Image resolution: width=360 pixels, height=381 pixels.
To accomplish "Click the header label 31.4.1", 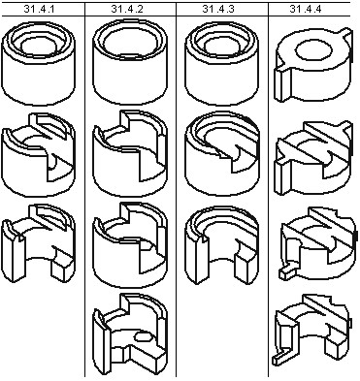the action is click(39, 9).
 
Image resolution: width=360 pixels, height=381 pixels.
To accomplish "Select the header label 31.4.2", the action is click(127, 9).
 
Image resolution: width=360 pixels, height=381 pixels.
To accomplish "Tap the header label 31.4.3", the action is click(218, 9).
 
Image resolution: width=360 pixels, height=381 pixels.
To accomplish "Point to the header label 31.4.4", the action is click(306, 9).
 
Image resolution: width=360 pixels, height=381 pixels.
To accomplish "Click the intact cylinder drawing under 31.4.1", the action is click(39, 63).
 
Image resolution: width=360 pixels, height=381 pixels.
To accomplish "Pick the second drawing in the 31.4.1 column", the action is click(39, 154).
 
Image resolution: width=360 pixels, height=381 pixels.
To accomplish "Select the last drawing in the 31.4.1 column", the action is click(39, 243).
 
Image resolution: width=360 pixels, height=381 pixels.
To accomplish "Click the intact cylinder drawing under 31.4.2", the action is click(130, 62).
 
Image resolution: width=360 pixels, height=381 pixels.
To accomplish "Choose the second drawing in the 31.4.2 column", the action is click(130, 153).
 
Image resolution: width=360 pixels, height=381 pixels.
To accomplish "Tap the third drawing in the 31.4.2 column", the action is click(130, 244).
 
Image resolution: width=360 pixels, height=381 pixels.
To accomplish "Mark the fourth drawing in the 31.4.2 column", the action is click(130, 333).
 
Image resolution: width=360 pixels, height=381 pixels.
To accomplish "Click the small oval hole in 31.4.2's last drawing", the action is click(142, 336).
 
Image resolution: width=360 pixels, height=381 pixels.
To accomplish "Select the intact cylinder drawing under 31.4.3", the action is click(222, 63).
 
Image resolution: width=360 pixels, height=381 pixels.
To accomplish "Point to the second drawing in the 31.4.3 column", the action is click(222, 153).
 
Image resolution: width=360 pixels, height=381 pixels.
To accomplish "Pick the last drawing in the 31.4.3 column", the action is click(222, 245).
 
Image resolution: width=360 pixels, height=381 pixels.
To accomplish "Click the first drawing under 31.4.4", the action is click(313, 66).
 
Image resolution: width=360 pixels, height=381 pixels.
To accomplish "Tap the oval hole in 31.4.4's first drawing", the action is click(314, 50).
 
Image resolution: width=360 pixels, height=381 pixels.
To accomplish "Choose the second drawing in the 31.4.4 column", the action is click(313, 158).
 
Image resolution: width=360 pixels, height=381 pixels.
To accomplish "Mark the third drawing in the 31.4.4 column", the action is click(318, 243).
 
